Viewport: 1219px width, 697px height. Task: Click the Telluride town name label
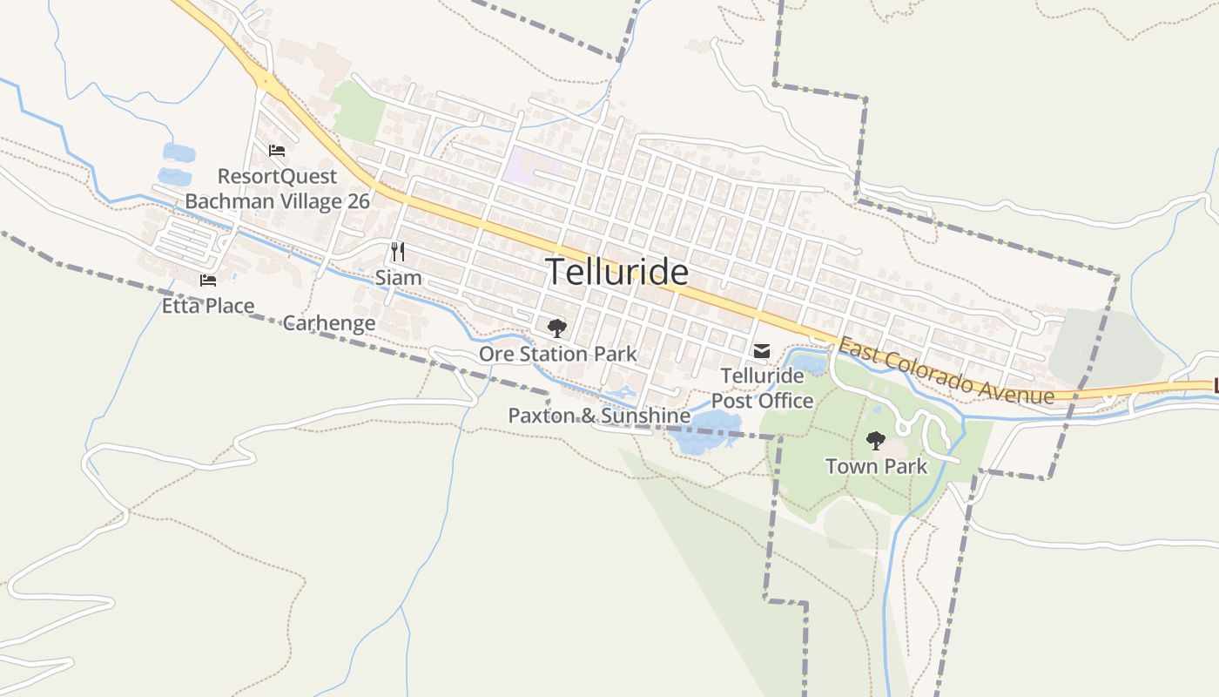click(x=616, y=273)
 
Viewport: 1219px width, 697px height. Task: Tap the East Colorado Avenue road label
click(x=946, y=372)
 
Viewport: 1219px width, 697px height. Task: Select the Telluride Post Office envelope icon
click(x=762, y=351)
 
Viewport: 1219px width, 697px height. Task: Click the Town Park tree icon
click(x=876, y=441)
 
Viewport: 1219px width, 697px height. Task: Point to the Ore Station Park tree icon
click(x=557, y=328)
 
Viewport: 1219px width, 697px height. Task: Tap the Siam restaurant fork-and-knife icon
click(x=398, y=253)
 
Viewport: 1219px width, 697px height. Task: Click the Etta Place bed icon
click(x=208, y=280)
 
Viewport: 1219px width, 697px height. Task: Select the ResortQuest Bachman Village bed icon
click(x=277, y=151)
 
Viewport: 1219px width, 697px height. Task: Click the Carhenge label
click(x=329, y=323)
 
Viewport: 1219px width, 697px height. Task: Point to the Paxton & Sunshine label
click(x=599, y=416)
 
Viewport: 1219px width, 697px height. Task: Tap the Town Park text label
click(x=876, y=466)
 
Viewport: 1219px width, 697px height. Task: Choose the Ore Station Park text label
click(x=557, y=354)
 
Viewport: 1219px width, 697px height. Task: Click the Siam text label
click(x=398, y=278)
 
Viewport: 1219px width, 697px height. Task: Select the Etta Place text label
click(x=208, y=306)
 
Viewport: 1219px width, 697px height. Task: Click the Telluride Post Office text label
click(x=763, y=389)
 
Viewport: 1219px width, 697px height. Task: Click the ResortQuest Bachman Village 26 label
click(x=277, y=189)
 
